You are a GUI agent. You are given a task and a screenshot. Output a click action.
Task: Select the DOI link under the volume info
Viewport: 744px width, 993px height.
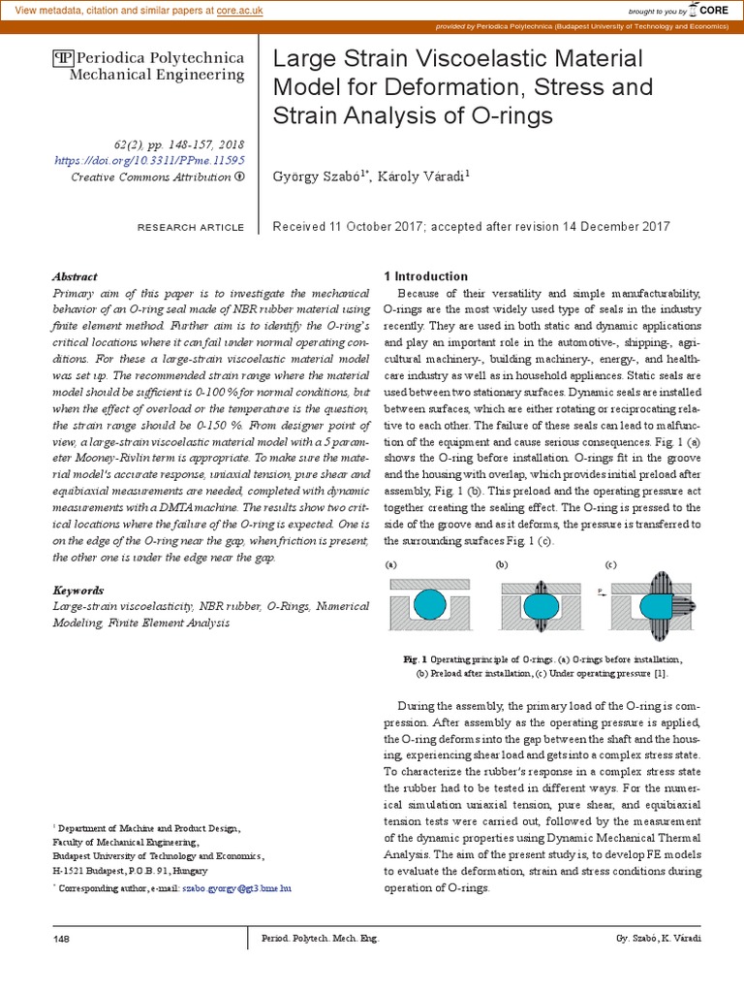pyautogui.click(x=150, y=160)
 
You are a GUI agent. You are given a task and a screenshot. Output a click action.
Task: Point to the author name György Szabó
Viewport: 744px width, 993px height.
pyautogui.click(x=320, y=176)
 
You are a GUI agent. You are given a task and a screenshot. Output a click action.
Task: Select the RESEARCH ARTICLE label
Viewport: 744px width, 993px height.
pyautogui.click(x=191, y=227)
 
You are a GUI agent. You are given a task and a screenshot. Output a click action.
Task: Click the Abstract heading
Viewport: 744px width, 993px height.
pyautogui.click(x=75, y=275)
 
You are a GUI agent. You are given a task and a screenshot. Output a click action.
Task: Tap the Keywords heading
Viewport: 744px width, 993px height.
pyautogui.click(x=78, y=590)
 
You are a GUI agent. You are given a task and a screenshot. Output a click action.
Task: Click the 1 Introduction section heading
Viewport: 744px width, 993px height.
pyautogui.click(x=426, y=276)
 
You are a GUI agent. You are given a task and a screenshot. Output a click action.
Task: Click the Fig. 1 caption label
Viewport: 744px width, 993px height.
pyautogui.click(x=417, y=658)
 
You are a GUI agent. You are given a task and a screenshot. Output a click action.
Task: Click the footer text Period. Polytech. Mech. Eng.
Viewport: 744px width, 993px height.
pyautogui.click(x=321, y=940)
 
